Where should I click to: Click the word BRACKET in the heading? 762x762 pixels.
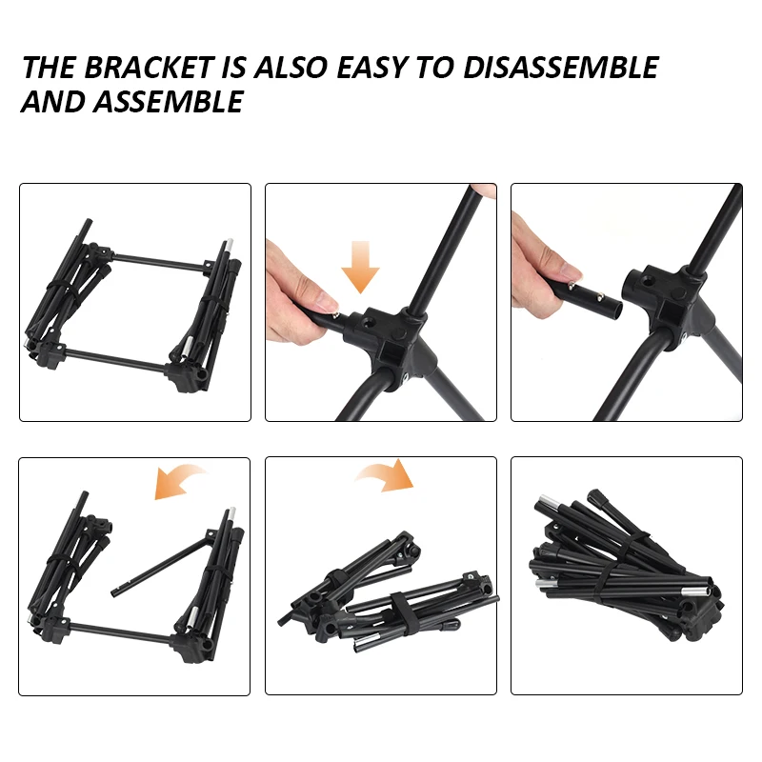[150, 67]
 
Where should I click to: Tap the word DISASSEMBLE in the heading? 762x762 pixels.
[561, 67]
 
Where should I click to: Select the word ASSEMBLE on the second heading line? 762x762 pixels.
[169, 102]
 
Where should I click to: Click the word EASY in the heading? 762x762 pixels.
[372, 67]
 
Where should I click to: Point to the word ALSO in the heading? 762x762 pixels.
[291, 67]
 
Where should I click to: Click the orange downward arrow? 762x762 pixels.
[360, 267]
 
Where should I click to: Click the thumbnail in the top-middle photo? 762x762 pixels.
[328, 305]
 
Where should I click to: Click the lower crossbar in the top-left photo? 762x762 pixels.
[115, 359]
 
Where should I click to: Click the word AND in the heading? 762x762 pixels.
[53, 102]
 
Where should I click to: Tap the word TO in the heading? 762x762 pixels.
[436, 67]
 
